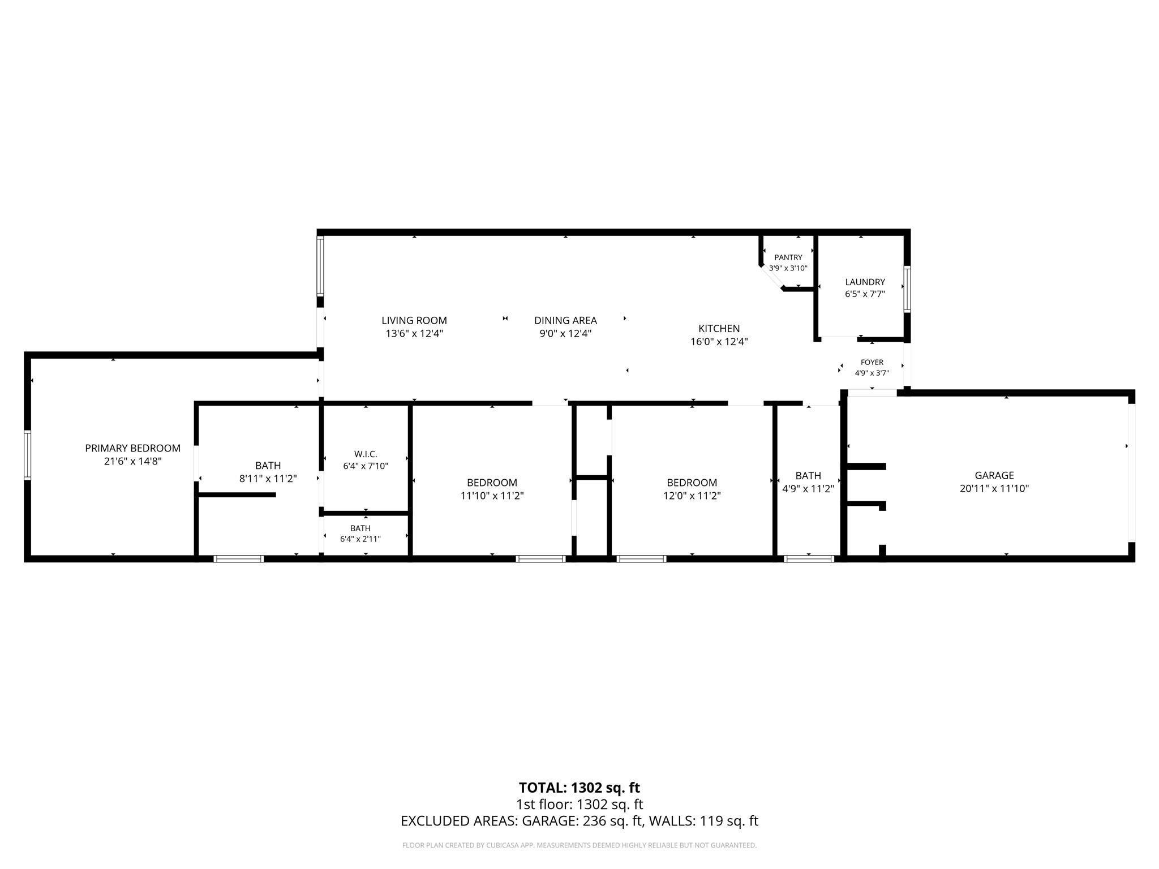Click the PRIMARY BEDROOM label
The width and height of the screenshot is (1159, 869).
click(132, 448)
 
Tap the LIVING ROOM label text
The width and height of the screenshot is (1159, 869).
click(414, 320)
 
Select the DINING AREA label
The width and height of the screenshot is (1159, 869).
click(565, 320)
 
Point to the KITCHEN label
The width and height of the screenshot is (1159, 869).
click(719, 328)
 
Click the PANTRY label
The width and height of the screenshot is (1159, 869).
click(788, 257)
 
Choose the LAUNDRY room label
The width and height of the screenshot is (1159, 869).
click(865, 282)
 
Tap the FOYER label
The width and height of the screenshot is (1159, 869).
click(872, 362)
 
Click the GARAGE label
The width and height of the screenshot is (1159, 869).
click(994, 475)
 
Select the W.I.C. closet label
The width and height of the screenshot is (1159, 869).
click(366, 454)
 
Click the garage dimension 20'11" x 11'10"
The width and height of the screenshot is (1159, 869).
click(994, 488)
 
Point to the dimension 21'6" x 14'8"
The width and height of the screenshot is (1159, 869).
click(132, 461)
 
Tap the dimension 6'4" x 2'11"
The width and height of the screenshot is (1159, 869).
click(360, 539)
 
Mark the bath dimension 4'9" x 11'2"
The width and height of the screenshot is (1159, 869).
click(808, 488)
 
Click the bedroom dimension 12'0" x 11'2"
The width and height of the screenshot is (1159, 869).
click(692, 496)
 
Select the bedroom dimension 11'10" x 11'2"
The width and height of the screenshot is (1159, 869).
click(492, 496)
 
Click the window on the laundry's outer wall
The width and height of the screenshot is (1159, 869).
click(907, 289)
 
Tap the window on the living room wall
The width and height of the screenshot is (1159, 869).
click(320, 265)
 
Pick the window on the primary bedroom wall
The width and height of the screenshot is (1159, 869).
click(27, 455)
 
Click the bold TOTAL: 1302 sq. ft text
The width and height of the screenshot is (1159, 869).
click(579, 788)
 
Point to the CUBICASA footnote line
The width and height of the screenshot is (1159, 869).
click(579, 845)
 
